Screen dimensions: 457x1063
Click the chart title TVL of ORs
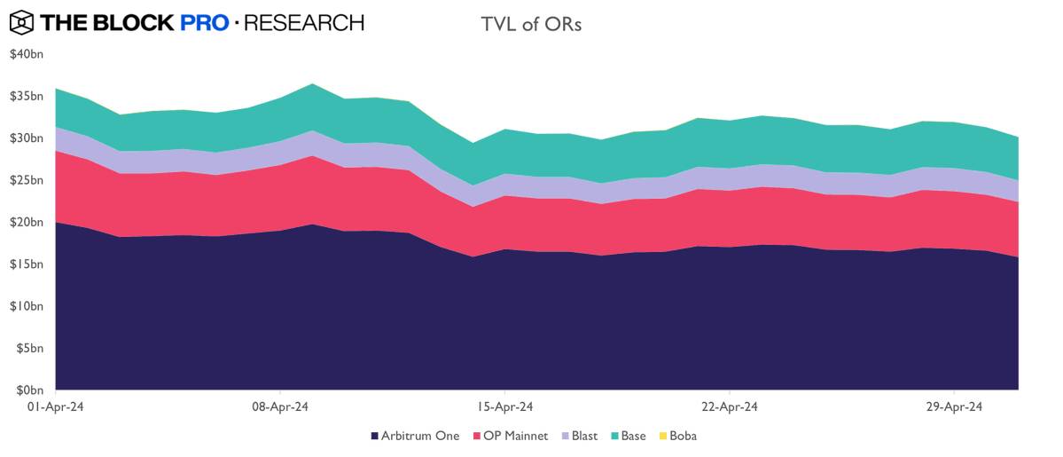(531, 24)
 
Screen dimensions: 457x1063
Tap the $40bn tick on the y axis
(26, 54)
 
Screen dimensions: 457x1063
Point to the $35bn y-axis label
(26, 96)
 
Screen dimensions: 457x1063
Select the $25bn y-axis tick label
(26, 180)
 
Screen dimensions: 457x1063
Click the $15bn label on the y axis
(26, 264)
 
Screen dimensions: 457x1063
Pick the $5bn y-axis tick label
(28, 349)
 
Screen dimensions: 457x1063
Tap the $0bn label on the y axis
(28, 390)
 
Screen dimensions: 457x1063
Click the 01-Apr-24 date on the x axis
(56, 407)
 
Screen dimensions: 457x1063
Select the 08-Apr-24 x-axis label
(280, 407)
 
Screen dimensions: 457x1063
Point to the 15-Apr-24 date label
(504, 407)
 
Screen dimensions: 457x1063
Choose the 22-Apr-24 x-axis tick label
(729, 407)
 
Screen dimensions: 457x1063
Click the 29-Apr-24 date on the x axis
(953, 407)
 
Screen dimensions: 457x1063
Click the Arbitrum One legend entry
(415, 436)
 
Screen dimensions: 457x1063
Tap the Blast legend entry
(578, 436)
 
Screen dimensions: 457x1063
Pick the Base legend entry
(627, 436)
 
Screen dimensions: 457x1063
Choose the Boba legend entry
(676, 436)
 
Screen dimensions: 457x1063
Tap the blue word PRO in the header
(204, 22)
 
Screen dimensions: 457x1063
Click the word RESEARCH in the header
(303, 22)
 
